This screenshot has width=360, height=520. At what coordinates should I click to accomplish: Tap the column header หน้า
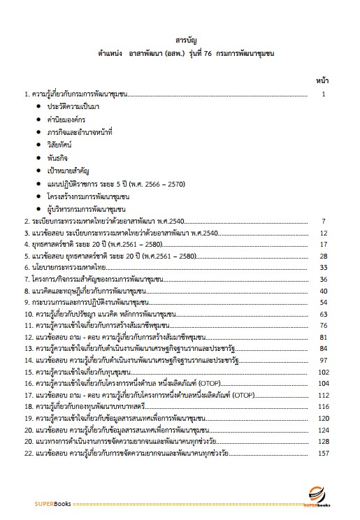pos(322,80)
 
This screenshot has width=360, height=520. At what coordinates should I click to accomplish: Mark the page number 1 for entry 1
pos(324,93)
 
